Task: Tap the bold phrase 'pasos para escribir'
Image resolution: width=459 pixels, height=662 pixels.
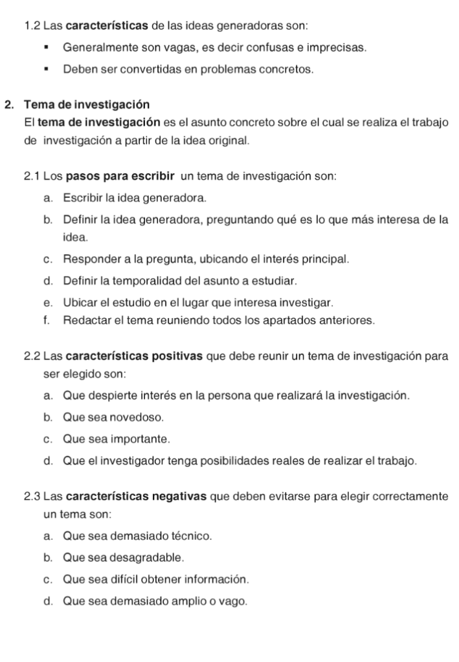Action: click(x=122, y=176)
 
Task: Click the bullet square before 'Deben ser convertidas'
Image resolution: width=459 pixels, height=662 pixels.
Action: click(x=47, y=69)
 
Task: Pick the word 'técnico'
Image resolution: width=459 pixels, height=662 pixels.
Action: click(x=192, y=536)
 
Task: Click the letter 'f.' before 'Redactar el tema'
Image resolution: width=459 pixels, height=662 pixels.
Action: click(x=49, y=321)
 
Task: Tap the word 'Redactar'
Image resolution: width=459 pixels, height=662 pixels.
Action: click(x=84, y=321)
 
